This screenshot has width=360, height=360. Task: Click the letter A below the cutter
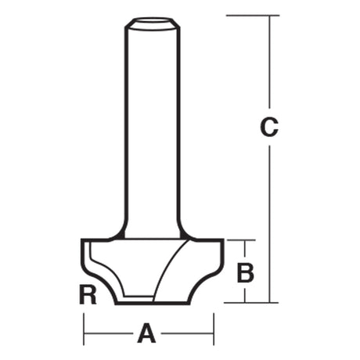click(146, 333)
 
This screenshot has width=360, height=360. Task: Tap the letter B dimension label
click(245, 273)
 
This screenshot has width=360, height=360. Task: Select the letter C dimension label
click(269, 128)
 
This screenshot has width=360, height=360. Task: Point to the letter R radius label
click(88, 295)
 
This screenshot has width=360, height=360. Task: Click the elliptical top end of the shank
click(153, 22)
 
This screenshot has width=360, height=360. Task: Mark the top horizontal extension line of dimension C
click(253, 16)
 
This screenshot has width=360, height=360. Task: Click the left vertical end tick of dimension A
click(84, 329)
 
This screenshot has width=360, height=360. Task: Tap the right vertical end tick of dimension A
click(214, 329)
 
